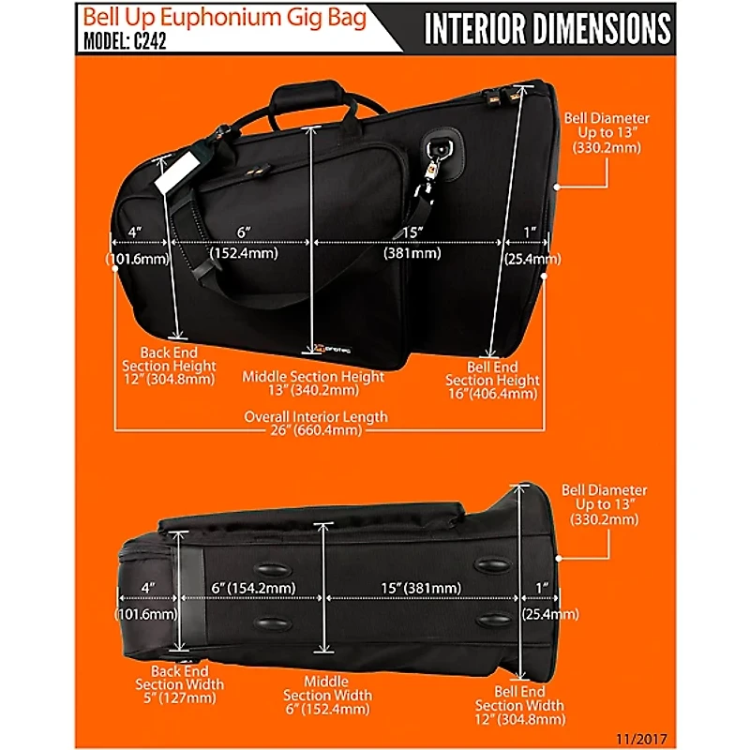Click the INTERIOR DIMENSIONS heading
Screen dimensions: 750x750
[547, 29]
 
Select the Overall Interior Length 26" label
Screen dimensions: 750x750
[316, 424]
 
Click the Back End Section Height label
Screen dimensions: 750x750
[171, 367]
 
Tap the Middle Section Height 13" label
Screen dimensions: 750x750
[313, 382]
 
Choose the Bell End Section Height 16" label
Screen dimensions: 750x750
[492, 381]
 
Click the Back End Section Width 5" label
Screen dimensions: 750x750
[180, 684]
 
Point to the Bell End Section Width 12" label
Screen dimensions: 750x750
[519, 705]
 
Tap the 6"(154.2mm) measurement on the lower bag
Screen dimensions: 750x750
[254, 588]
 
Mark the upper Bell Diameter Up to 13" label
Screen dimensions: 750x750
[606, 133]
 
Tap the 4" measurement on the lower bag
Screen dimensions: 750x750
[147, 588]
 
